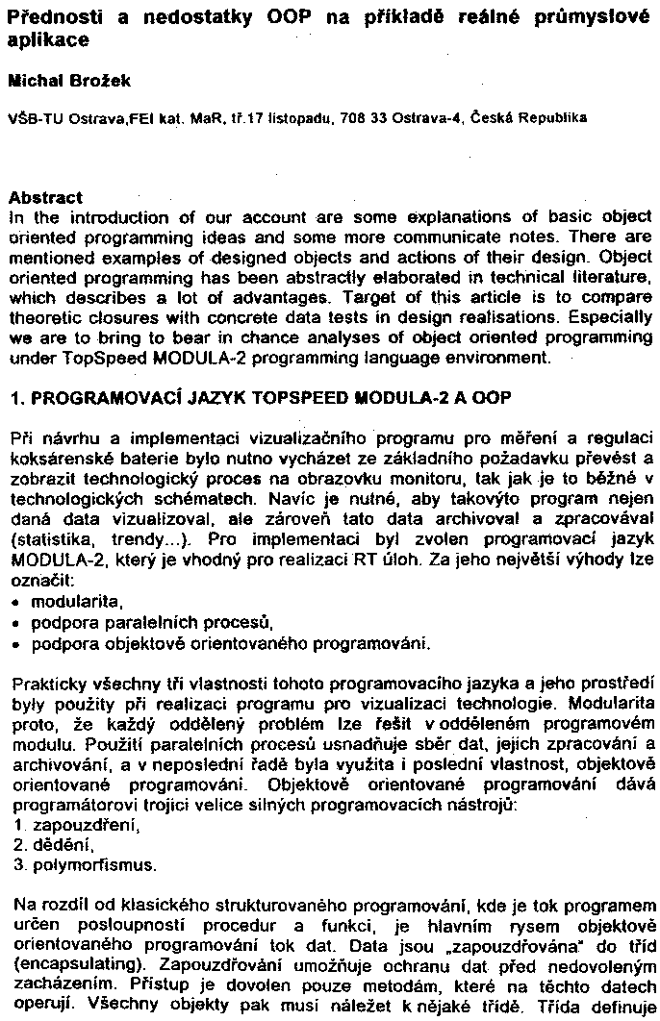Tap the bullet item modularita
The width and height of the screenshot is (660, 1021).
pyautogui.click(x=72, y=603)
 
